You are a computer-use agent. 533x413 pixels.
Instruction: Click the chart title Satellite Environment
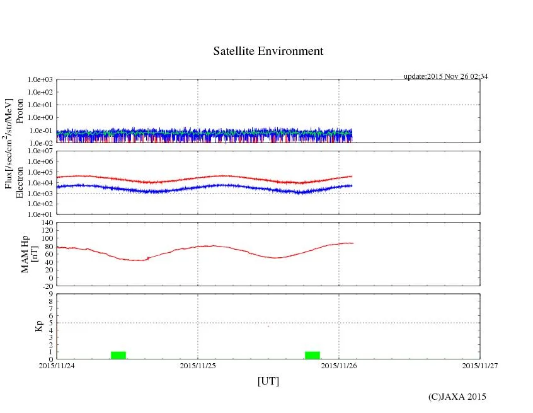tap(268, 51)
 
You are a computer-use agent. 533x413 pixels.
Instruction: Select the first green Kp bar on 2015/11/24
tap(118, 355)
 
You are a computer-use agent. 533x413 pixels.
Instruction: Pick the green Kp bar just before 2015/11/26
tap(312, 355)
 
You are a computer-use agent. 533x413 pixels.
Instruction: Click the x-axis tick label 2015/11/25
tap(198, 364)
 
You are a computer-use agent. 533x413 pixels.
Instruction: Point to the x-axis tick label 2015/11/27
tap(479, 364)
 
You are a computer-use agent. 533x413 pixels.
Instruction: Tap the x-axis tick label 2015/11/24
tap(57, 364)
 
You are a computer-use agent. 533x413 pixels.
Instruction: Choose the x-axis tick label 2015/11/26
tap(339, 364)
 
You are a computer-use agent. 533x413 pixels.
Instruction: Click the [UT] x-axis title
tap(268, 381)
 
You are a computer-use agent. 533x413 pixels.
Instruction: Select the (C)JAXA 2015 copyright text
tap(457, 397)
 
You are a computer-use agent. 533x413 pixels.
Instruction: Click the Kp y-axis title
tap(38, 326)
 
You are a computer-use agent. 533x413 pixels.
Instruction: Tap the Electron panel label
tap(20, 183)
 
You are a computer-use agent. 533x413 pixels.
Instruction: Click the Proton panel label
tap(20, 111)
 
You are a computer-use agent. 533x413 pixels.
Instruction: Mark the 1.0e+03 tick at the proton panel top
tap(40, 80)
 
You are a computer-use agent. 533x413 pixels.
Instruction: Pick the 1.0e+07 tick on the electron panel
tap(40, 151)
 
